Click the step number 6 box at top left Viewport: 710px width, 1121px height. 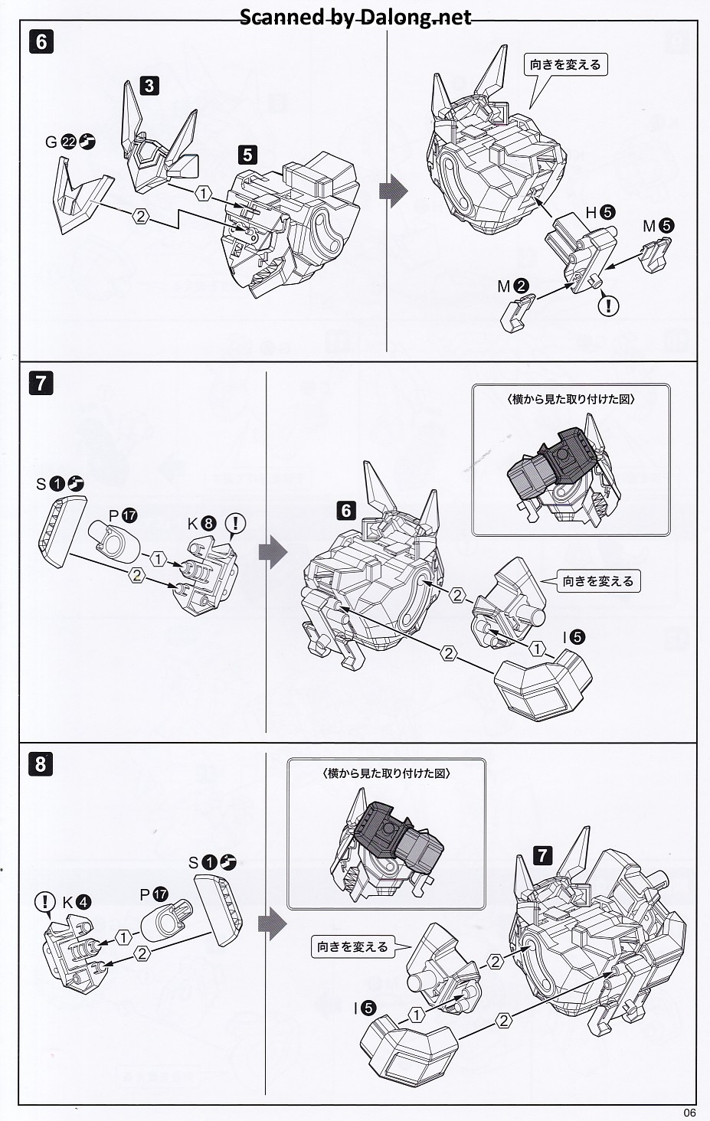[x=41, y=41]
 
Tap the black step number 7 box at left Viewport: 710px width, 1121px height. [x=41, y=383]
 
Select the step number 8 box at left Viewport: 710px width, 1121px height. [x=41, y=763]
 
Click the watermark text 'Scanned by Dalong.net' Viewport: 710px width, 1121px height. [x=355, y=17]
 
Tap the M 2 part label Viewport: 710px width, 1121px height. [x=512, y=286]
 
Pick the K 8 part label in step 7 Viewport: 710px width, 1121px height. [x=202, y=525]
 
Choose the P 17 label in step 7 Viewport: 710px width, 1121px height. [x=123, y=515]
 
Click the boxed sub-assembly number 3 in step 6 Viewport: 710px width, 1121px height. [x=149, y=86]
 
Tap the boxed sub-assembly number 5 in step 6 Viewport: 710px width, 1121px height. [x=247, y=155]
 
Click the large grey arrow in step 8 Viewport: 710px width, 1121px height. [x=272, y=925]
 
